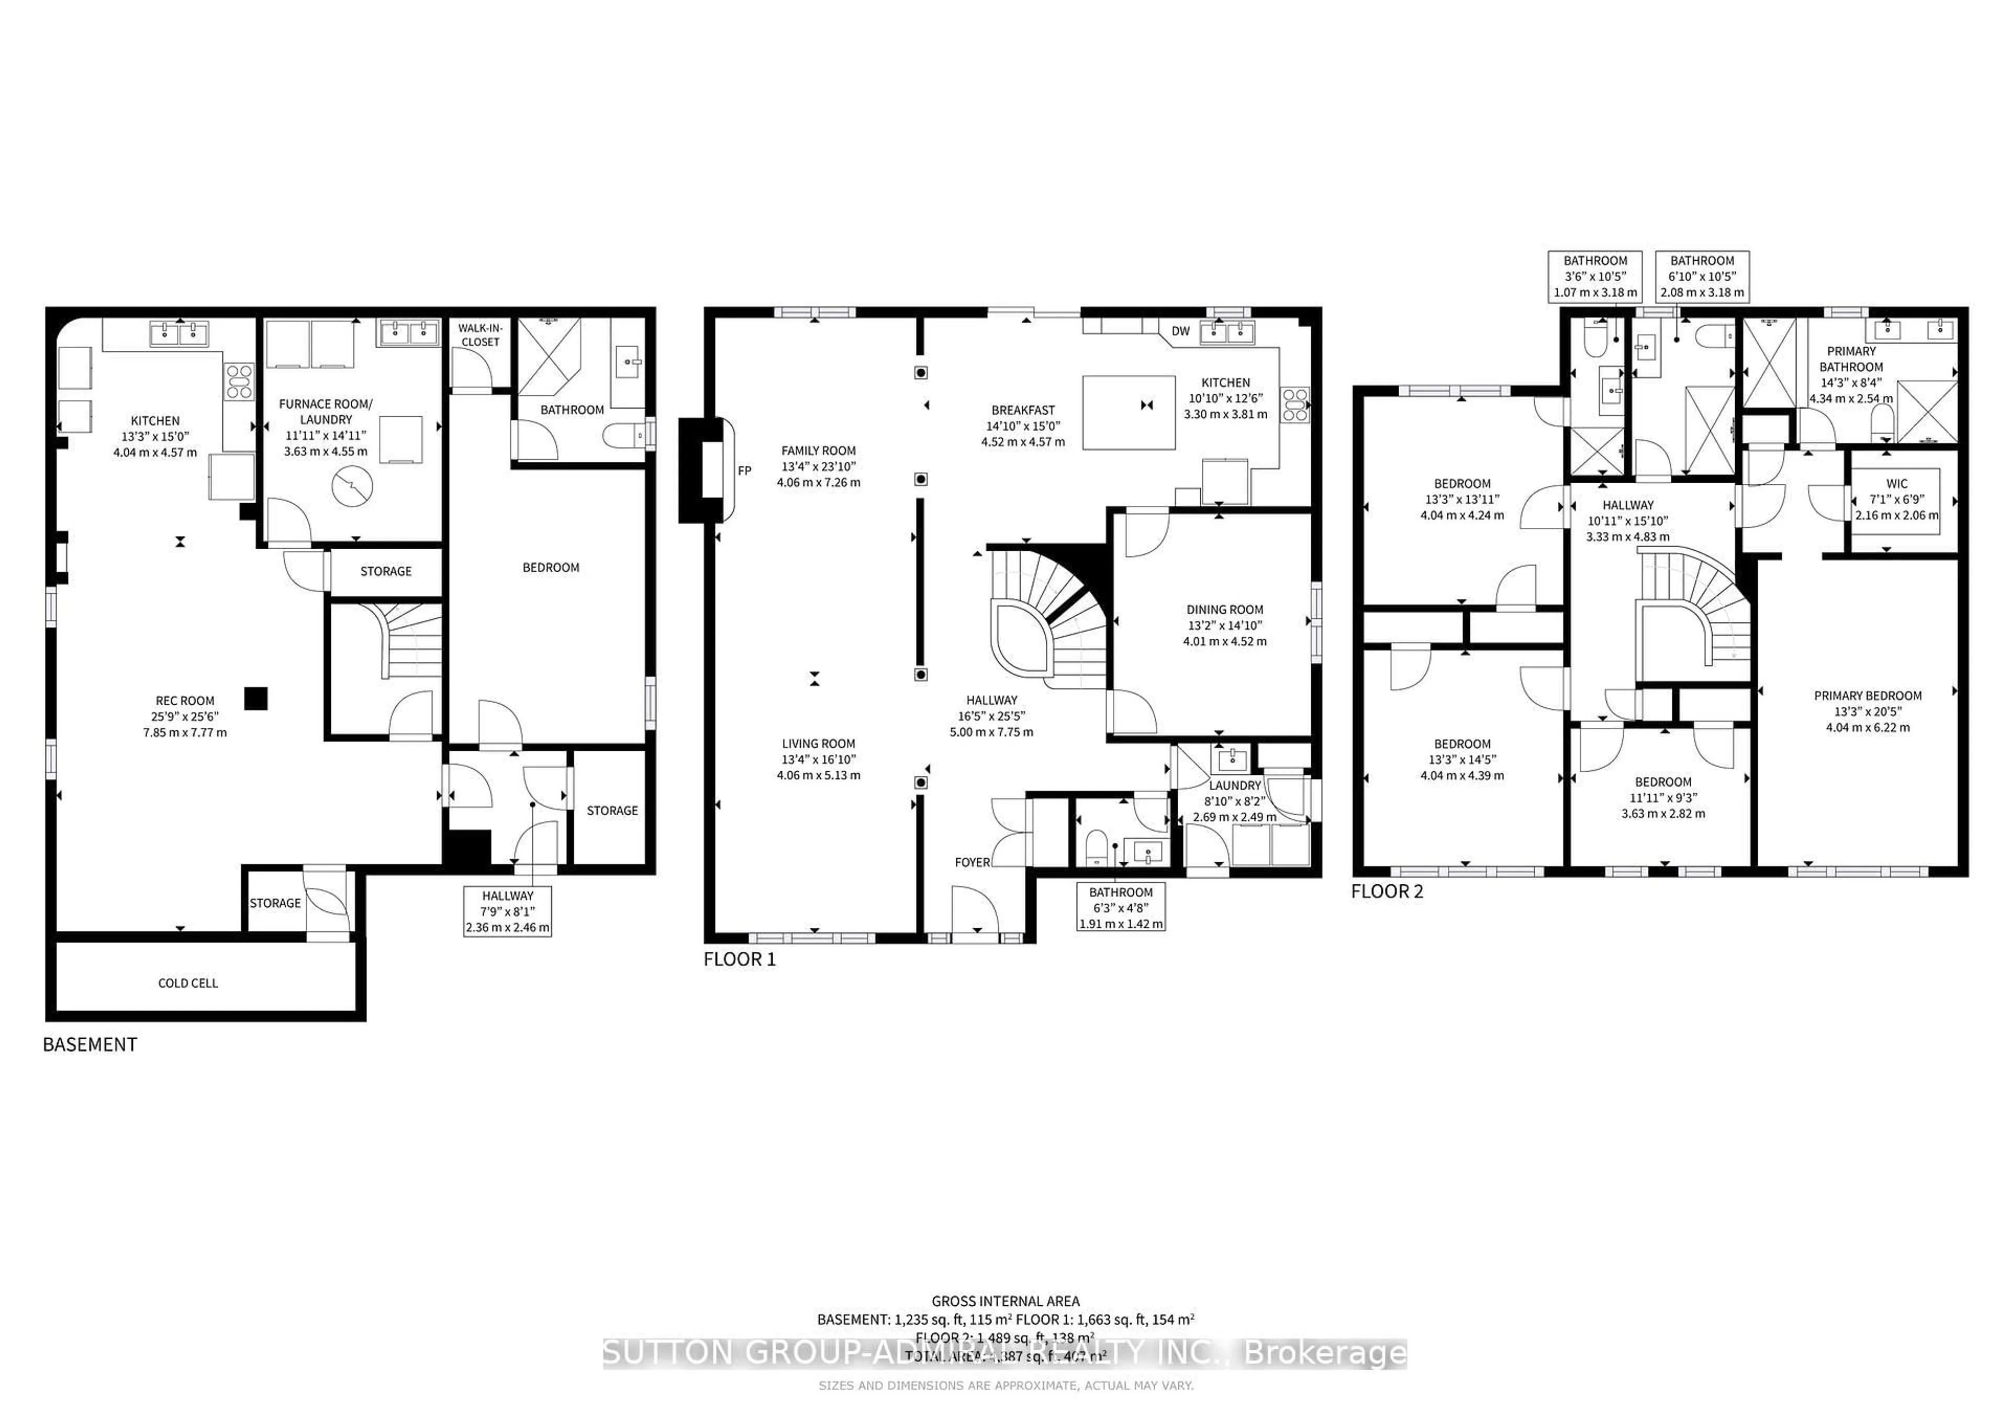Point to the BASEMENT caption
90,1045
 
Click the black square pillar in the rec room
255,698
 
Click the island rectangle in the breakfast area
1129,413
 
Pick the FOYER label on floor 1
971,862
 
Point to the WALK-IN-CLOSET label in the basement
480,335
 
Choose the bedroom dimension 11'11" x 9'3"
1662,798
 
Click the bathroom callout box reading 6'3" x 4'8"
1121,908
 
